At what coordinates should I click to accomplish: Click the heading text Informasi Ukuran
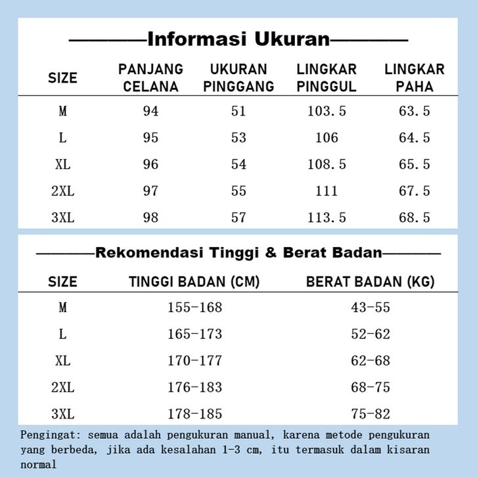[x=238, y=39]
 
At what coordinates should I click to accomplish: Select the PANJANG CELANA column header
[x=150, y=78]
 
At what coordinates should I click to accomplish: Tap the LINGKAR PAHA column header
[x=414, y=78]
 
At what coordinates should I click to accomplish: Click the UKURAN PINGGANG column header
[x=238, y=78]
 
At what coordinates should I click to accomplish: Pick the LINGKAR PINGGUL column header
[x=327, y=78]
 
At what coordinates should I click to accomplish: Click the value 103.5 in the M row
[x=327, y=111]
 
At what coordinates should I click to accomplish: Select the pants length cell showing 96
[x=150, y=164]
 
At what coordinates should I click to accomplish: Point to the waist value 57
[x=238, y=217]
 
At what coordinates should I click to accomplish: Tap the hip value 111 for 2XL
[x=327, y=191]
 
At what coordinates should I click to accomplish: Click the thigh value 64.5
[x=414, y=138]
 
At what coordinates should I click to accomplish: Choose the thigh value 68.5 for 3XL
[x=414, y=217]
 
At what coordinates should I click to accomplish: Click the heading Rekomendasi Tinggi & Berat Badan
[x=238, y=252]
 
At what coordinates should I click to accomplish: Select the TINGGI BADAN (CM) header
[x=194, y=282]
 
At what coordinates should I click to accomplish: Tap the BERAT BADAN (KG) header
[x=371, y=282]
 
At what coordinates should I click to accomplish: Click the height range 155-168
[x=194, y=307]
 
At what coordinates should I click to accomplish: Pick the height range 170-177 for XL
[x=194, y=361]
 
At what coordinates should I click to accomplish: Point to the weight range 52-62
[x=371, y=334]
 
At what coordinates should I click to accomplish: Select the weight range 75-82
[x=371, y=414]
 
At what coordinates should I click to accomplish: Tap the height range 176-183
[x=194, y=388]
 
